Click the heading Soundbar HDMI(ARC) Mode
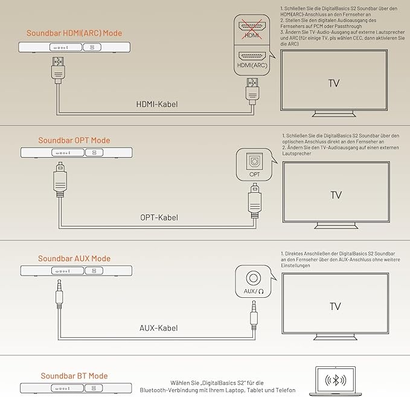(74, 33)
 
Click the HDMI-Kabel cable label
(157, 104)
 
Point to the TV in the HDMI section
(335, 82)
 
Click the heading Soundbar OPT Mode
(74, 140)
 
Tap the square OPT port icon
(254, 162)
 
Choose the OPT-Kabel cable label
(159, 217)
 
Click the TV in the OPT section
(335, 194)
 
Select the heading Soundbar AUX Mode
(74, 259)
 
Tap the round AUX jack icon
(254, 279)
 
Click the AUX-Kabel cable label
(159, 328)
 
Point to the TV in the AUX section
(335, 306)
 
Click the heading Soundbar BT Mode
(74, 376)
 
